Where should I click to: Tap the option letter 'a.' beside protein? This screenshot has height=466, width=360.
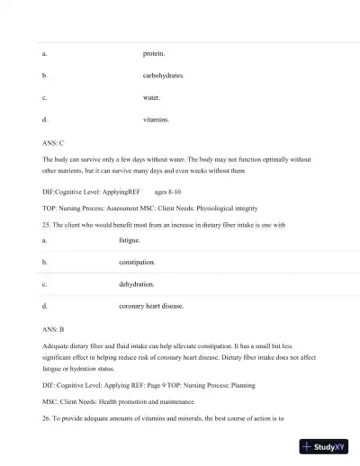tap(45, 54)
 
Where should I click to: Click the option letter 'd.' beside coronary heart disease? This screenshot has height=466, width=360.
tap(45, 306)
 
